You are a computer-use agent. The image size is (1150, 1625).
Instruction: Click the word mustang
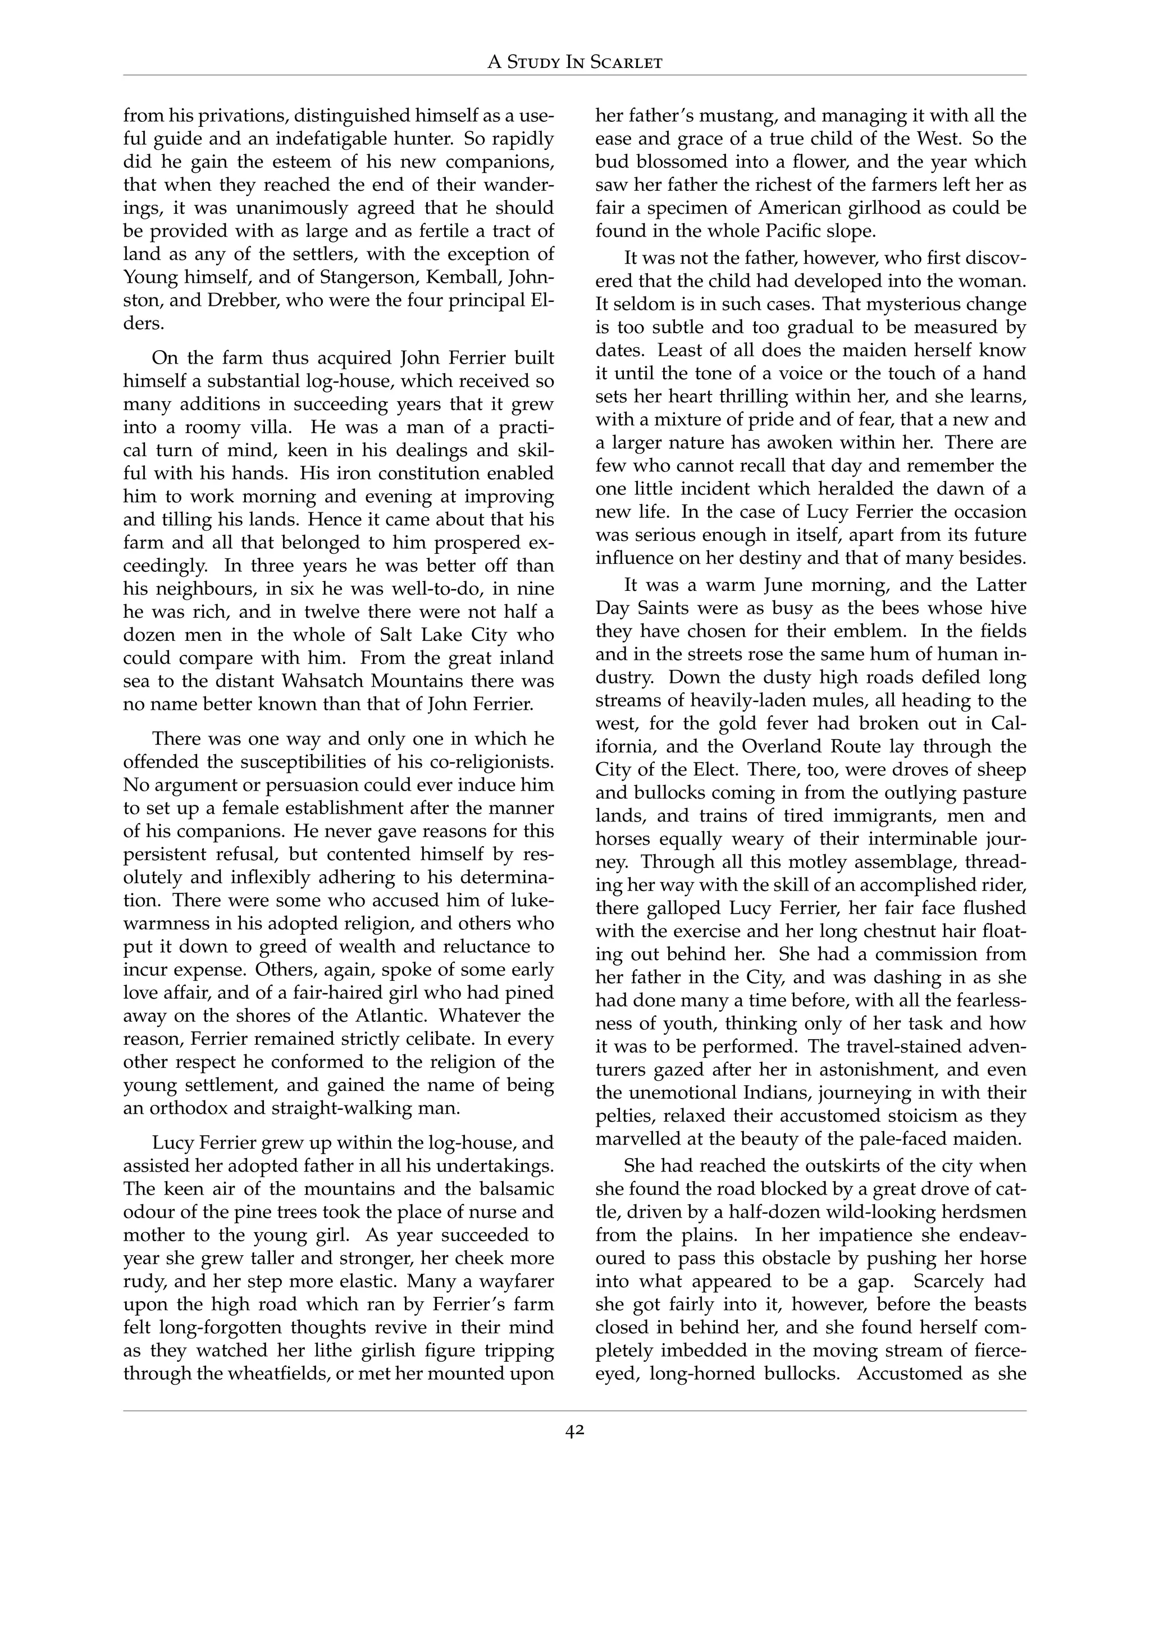click(x=735, y=116)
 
